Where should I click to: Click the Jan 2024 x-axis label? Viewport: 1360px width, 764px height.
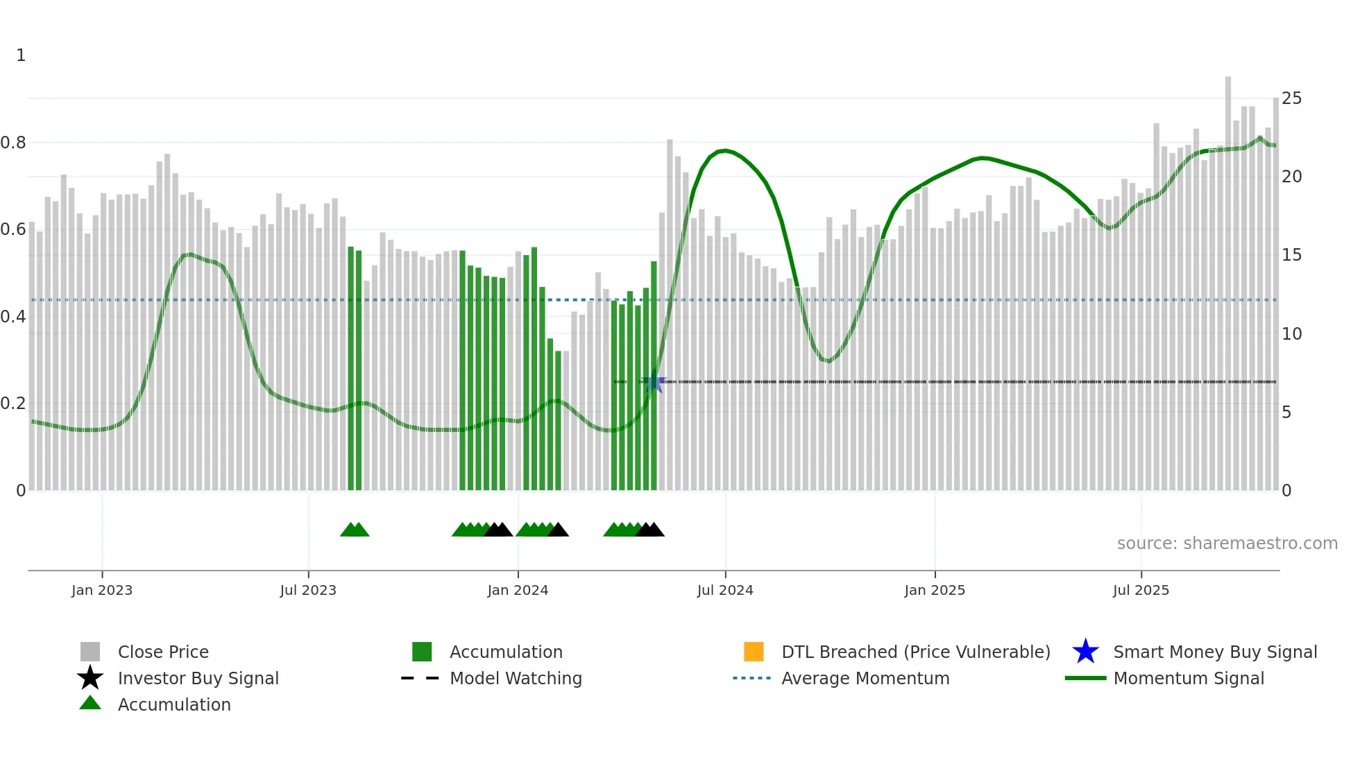coord(518,590)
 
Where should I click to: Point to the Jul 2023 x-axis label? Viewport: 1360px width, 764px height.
coord(308,590)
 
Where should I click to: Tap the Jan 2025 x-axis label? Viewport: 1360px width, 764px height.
coord(935,590)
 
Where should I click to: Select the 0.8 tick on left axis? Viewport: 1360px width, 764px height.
coord(13,143)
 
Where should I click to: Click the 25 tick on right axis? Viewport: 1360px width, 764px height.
coord(1291,98)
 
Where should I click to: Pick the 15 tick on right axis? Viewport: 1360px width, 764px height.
coord(1291,255)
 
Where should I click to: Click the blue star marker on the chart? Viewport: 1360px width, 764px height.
coord(654,382)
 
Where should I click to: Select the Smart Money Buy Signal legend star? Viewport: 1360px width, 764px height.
coord(1085,652)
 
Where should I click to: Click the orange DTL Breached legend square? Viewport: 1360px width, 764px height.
coord(754,652)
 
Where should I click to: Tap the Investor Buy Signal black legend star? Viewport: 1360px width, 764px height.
coord(90,678)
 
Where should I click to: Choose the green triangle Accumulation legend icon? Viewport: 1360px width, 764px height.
coord(90,703)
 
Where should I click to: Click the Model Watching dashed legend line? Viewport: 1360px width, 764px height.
coord(420,678)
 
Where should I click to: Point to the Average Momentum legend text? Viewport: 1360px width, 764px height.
coord(865,678)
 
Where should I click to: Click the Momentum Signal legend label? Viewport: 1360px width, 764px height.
coord(1189,678)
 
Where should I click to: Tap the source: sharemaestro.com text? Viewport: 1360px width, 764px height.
coord(1227,544)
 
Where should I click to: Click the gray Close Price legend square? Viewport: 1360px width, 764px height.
coord(90,652)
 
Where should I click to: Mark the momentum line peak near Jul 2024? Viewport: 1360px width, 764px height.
coord(724,150)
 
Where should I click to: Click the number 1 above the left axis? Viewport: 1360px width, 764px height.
coord(21,55)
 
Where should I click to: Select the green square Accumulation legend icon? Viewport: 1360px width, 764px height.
coord(422,652)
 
